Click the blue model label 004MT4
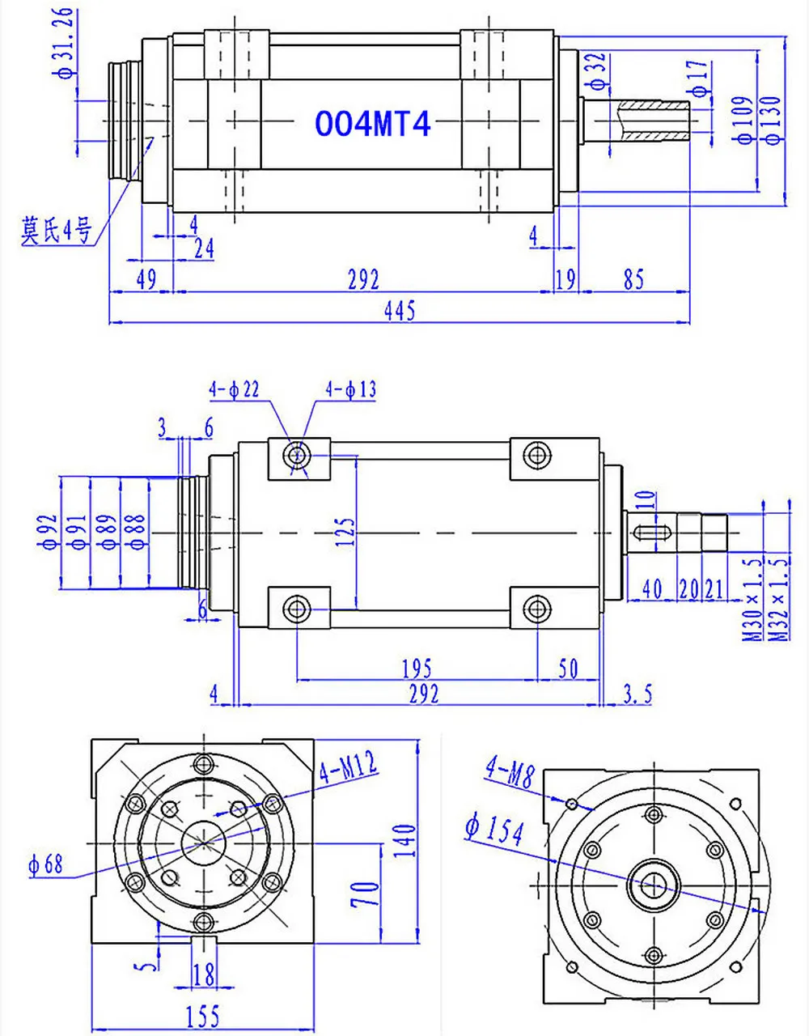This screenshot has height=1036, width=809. [x=372, y=124]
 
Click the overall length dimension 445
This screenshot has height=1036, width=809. [x=400, y=309]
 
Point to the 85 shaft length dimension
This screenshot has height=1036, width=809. [x=633, y=279]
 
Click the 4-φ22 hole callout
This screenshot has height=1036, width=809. [x=234, y=389]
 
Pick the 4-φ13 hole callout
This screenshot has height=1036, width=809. [x=350, y=389]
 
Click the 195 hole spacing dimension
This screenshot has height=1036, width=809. [x=417, y=669]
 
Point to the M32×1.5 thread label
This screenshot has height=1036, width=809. [x=779, y=599]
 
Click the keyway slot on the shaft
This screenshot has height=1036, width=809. [x=651, y=533]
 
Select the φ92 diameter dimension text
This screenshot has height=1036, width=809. [x=49, y=532]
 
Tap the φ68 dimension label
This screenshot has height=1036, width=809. [x=45, y=864]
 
